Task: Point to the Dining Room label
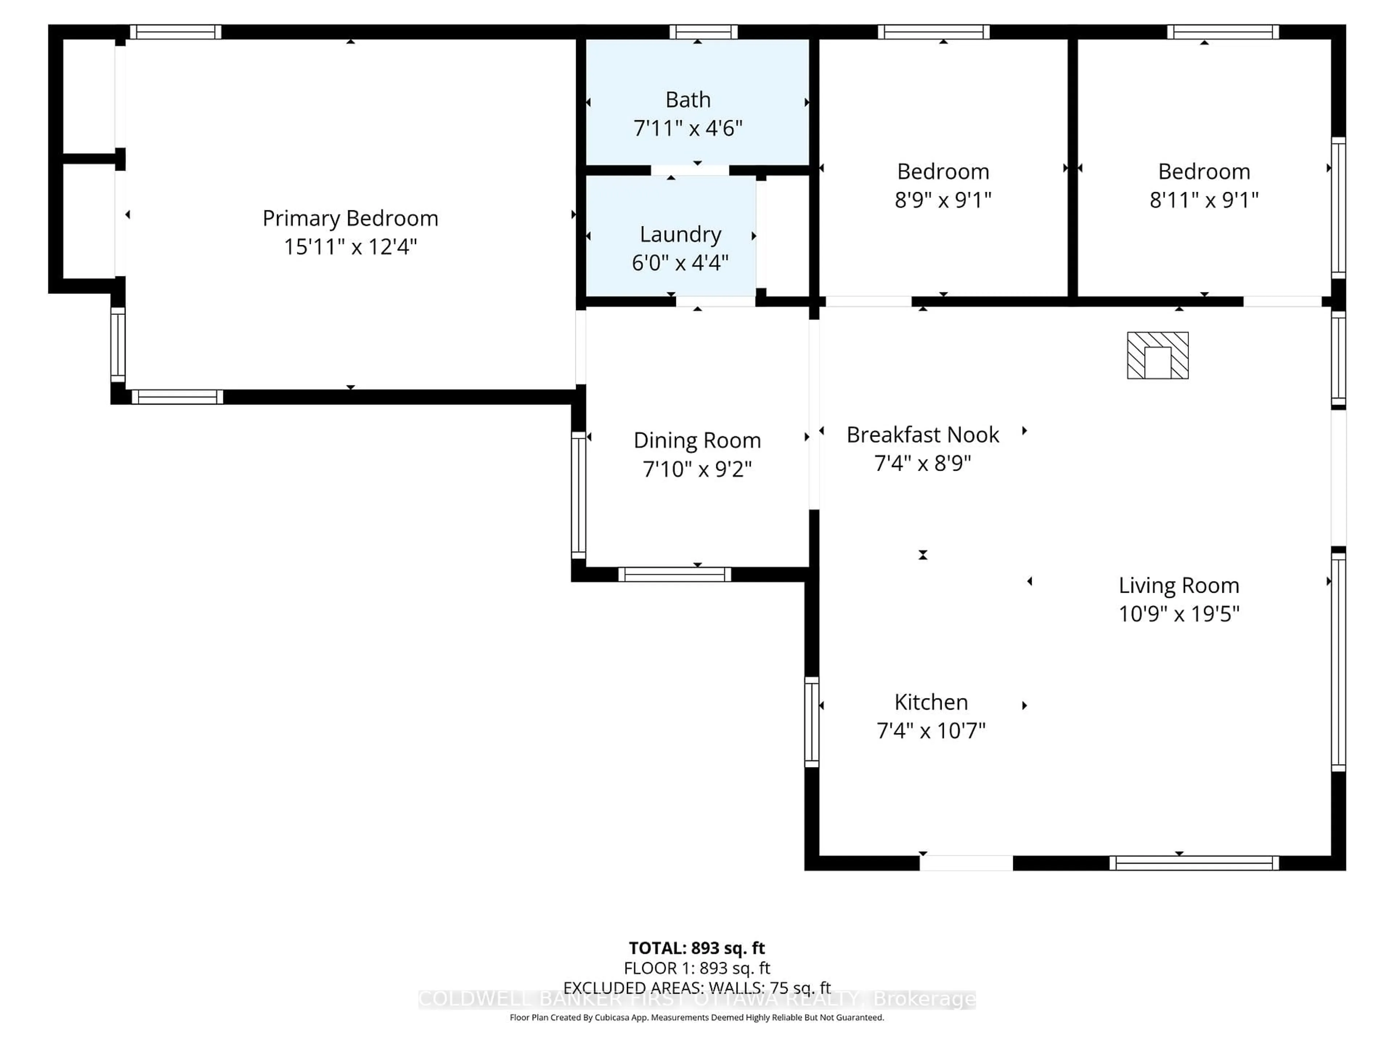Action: click(x=697, y=440)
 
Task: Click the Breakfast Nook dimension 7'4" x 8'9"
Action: click(x=922, y=463)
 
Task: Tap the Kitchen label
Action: click(x=931, y=702)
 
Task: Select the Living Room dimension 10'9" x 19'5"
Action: click(x=1178, y=613)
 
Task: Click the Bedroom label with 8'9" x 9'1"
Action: click(x=943, y=171)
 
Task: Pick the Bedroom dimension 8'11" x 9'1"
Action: click(x=1204, y=200)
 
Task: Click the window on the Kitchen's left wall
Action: click(x=812, y=722)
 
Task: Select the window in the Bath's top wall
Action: click(x=703, y=32)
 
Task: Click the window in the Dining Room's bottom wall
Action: click(x=674, y=574)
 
